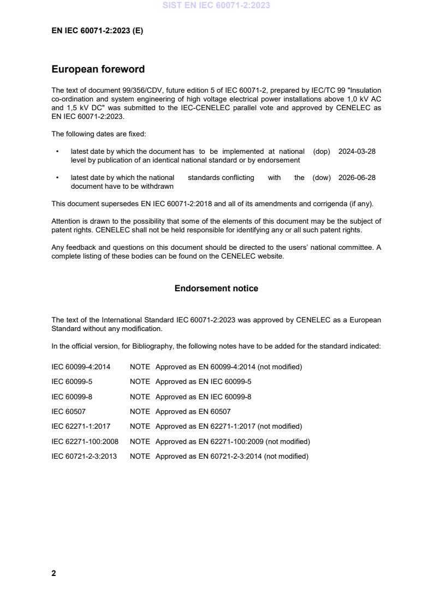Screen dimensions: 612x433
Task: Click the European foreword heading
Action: tap(98, 69)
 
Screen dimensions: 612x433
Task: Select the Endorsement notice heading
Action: tap(216, 289)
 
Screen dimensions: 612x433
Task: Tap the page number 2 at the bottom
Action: tap(54, 573)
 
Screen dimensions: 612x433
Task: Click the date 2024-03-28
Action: tap(357, 152)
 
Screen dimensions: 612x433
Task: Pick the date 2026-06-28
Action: tap(357, 178)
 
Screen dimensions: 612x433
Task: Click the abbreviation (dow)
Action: tap(321, 178)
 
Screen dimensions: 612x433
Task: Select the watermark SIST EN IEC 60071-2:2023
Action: tap(216, 5)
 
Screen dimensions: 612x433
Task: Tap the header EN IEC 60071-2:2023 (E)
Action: tap(97, 31)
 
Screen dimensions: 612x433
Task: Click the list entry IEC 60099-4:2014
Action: tap(81, 367)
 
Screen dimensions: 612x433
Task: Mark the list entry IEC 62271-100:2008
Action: tap(85, 441)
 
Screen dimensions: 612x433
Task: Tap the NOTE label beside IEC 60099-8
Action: tap(140, 397)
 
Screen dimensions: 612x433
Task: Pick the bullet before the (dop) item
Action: tap(57, 152)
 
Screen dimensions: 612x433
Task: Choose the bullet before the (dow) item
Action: tap(57, 178)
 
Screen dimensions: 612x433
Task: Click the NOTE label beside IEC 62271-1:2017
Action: tap(140, 427)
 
